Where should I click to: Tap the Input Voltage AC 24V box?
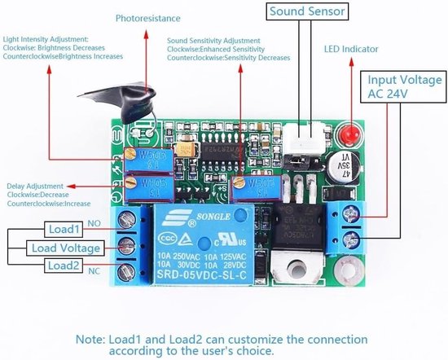coord(404,87)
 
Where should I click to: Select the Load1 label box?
coord(63,229)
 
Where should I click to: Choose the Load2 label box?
coord(63,266)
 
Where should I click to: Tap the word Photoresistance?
coord(148,17)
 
